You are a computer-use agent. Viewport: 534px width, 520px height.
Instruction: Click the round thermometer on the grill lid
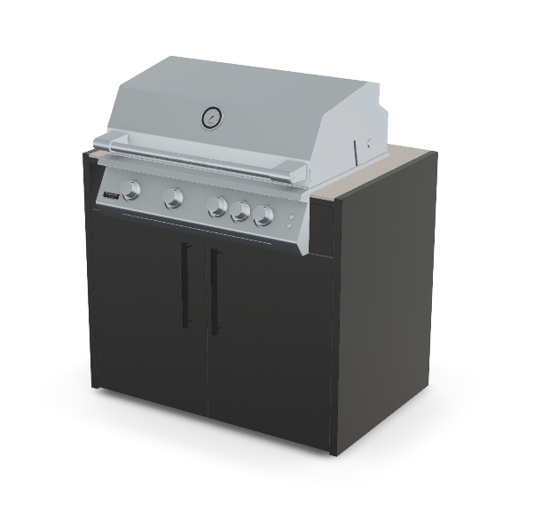pyautogui.click(x=212, y=116)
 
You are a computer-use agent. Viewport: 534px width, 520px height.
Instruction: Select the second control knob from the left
pyautogui.click(x=174, y=199)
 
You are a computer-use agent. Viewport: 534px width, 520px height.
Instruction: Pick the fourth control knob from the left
pyautogui.click(x=240, y=212)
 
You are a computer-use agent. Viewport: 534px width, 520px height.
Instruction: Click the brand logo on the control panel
pyautogui.click(x=111, y=193)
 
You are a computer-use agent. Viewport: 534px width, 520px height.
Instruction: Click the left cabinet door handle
pyautogui.click(x=185, y=285)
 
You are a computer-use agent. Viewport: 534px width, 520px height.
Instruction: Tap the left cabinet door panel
pyautogui.click(x=146, y=311)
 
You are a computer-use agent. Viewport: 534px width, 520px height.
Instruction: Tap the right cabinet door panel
pyautogui.click(x=266, y=337)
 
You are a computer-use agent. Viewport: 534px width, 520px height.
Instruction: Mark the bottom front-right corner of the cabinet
pyautogui.click(x=334, y=453)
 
